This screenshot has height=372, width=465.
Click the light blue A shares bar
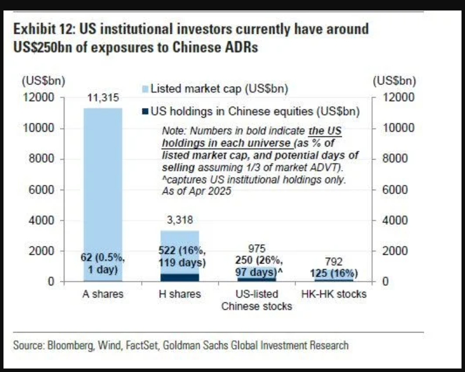click(103, 175)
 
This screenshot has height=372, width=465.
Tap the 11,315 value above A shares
click(102, 98)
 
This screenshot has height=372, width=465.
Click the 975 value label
click(256, 249)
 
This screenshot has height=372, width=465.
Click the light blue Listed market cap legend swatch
click(145, 88)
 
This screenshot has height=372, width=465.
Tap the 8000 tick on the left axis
click(42, 159)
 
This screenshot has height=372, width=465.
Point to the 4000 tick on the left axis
click(42, 221)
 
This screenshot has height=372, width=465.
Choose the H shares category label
click(180, 294)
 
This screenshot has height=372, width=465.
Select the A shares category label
click(103, 294)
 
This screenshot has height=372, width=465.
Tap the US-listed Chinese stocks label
click(256, 300)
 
